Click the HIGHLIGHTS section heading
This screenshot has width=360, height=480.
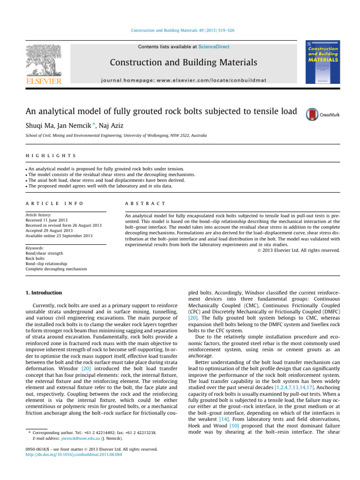(52, 155)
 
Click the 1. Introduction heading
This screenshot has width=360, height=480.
(43, 293)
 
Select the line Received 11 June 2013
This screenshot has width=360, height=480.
(51, 219)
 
